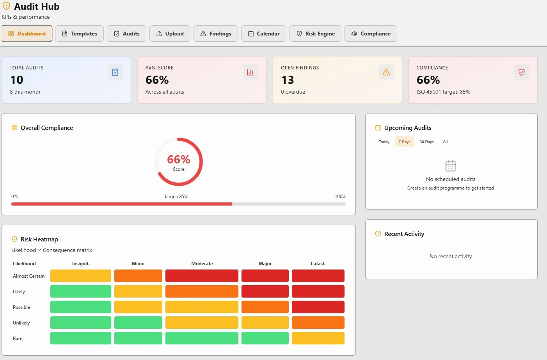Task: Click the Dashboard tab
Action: [x=27, y=34]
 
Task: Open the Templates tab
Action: [x=79, y=34]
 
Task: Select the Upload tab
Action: [x=170, y=34]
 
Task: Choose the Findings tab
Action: [x=216, y=34]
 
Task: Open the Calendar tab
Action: [x=264, y=34]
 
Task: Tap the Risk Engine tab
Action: [x=315, y=34]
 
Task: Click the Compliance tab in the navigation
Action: [x=371, y=34]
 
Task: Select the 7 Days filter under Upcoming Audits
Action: [x=404, y=142]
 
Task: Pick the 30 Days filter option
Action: [x=426, y=142]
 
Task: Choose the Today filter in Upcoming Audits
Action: [x=384, y=142]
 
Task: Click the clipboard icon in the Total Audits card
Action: [x=115, y=72]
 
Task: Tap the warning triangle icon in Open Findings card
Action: [x=386, y=72]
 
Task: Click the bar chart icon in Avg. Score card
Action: [x=250, y=72]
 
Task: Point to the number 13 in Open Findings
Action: [x=288, y=80]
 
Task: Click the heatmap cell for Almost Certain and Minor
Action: [x=138, y=276]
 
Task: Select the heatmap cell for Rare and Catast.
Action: [x=318, y=338]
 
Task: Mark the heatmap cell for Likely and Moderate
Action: [x=202, y=291]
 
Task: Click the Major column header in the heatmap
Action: [x=265, y=264]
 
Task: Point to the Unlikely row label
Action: [x=21, y=323]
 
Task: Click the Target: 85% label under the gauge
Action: [x=176, y=197]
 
